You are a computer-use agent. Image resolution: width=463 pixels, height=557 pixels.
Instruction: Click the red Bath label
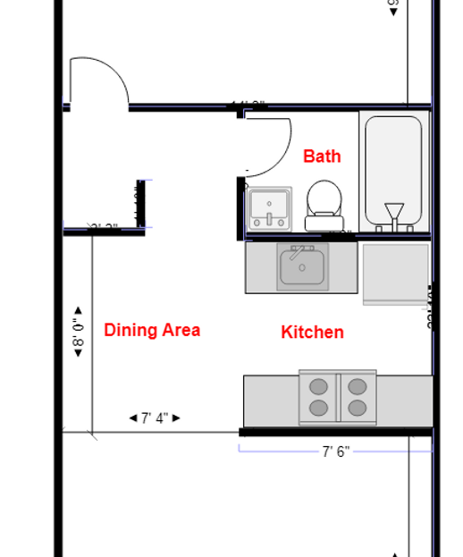[322, 156]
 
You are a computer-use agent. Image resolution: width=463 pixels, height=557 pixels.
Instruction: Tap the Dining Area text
[151, 330]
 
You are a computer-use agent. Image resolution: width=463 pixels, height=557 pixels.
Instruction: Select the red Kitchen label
[312, 333]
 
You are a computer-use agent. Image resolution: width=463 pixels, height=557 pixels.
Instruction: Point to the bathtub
[393, 165]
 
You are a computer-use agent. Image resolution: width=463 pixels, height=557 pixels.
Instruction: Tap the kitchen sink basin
[302, 267]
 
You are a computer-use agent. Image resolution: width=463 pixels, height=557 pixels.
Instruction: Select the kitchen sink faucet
[302, 249]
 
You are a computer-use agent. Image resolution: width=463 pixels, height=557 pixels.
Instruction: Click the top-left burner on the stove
[318, 387]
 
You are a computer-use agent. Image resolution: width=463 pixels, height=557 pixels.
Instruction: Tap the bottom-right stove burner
[358, 408]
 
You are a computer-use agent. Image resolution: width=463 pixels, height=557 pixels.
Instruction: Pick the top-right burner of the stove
[358, 387]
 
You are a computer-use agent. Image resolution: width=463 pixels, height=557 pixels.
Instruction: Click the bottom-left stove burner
[318, 408]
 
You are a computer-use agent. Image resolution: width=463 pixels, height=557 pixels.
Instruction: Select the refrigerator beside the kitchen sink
[395, 274]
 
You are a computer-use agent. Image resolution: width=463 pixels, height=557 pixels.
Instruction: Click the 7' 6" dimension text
[336, 452]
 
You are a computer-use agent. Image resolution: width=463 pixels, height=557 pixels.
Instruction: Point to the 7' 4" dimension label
[155, 418]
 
